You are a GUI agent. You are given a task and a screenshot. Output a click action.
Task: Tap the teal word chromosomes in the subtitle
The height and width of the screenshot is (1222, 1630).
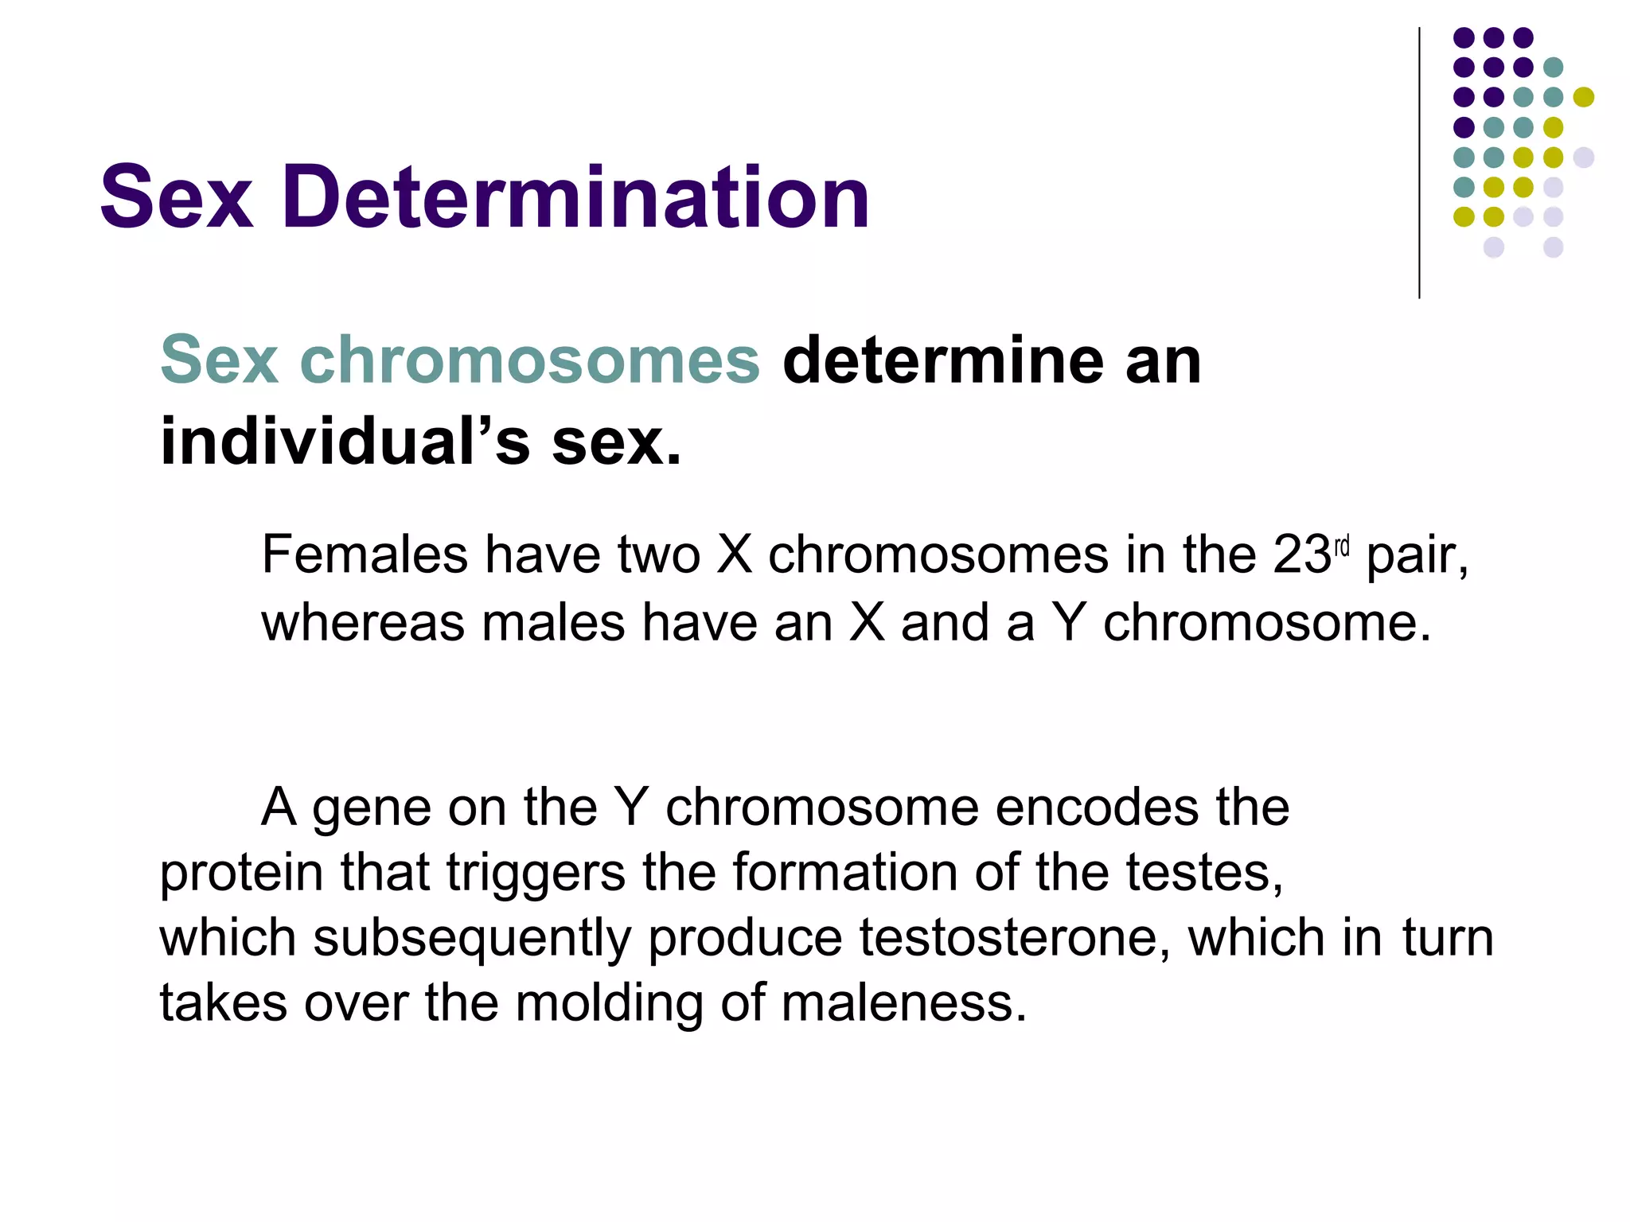click(530, 360)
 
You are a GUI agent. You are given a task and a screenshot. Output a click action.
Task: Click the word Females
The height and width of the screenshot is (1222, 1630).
click(365, 555)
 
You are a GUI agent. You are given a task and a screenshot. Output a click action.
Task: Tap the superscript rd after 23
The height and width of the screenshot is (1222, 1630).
click(1342, 547)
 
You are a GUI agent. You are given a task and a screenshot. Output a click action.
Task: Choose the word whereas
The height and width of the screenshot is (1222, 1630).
click(363, 622)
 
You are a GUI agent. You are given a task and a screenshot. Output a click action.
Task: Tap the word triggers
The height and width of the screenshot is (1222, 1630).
click(536, 873)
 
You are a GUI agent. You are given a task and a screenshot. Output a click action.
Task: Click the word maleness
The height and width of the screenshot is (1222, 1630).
click(903, 1002)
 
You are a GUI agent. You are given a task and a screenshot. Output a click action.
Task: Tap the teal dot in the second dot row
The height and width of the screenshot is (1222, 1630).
click(1553, 68)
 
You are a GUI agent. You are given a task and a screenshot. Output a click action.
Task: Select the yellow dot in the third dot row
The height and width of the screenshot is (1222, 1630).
click(1583, 97)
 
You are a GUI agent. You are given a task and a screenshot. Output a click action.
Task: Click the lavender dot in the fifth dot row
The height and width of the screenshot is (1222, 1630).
click(1583, 157)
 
